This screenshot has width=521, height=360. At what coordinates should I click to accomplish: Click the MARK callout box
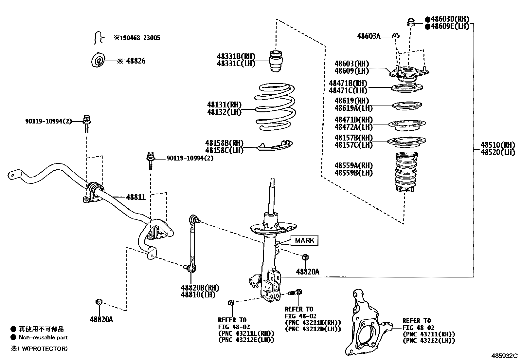304,240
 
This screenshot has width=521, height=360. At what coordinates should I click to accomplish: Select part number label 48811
136,197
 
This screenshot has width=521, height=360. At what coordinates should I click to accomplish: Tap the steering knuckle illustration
367,324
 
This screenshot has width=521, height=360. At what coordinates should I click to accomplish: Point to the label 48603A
369,36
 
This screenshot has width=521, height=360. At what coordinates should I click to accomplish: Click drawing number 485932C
504,355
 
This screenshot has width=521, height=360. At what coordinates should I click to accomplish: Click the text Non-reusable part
43,337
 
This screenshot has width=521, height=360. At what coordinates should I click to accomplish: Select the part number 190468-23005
137,38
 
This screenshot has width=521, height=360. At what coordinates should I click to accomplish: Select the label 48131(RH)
224,105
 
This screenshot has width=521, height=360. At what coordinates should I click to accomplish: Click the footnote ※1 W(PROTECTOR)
39,349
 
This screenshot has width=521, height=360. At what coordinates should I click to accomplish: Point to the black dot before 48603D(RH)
427,19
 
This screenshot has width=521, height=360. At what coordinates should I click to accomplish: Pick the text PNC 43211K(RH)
313,323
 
